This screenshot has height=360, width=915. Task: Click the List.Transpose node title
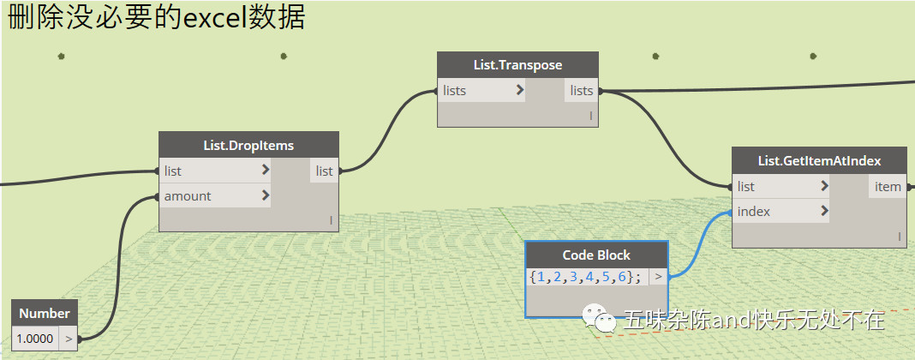[517, 65]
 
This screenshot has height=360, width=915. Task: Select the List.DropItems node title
[249, 145]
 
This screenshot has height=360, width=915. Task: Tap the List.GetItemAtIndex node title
[819, 160]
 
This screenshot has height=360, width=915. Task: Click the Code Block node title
[596, 255]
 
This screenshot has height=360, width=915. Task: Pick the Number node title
[45, 313]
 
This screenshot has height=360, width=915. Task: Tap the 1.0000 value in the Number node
[35, 339]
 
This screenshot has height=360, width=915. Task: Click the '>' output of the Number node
[69, 339]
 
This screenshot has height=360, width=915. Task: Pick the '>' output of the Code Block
[658, 277]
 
